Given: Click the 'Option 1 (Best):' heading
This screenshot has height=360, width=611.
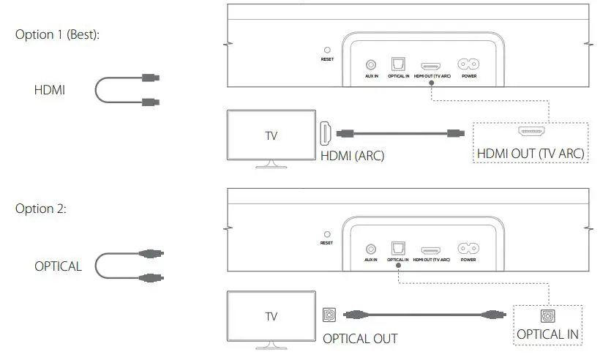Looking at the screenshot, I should point(57,35).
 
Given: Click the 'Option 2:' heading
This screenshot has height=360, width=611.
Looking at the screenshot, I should point(41,209).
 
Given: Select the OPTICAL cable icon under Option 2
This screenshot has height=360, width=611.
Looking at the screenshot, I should point(130,265).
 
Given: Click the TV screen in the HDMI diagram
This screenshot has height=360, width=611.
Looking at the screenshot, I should point(271,136).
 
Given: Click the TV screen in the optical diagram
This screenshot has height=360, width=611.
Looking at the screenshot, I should point(271,317).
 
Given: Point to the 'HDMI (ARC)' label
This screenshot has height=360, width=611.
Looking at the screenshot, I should point(352,156).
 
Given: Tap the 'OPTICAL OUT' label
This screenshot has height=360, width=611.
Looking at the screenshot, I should point(360,339).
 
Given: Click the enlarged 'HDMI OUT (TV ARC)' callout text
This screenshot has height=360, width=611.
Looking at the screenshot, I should point(531,154).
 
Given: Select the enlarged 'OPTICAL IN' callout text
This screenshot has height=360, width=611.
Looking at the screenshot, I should point(548,335).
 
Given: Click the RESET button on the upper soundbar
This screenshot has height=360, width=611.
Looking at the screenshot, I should point(327,50).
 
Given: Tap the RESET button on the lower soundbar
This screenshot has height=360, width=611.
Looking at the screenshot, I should point(327,234).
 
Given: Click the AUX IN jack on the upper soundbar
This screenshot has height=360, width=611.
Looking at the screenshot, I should point(371,65).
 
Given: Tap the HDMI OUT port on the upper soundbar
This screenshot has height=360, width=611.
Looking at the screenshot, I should point(431,65).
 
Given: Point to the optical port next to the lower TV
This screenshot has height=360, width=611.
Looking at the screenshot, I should point(329,315).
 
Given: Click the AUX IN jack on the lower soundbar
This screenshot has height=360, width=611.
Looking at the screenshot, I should point(371,249).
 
